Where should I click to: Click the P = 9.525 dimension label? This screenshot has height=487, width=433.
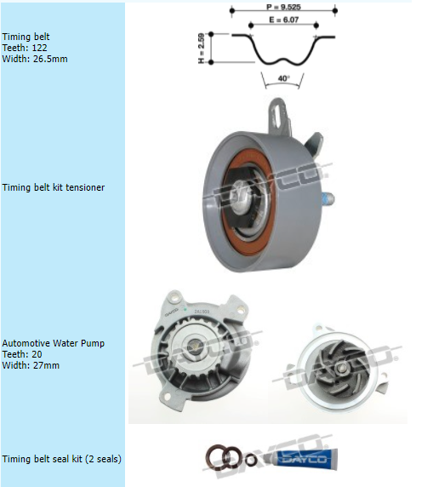click(283, 7)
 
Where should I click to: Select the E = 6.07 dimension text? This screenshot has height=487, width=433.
click(283, 20)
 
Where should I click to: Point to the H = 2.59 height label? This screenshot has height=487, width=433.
click(201, 49)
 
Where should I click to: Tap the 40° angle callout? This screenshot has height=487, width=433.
click(283, 78)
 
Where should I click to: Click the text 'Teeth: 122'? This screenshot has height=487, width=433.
click(25, 48)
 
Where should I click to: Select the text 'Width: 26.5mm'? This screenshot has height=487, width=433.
click(35, 59)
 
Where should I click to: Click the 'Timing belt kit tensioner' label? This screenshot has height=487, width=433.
click(54, 187)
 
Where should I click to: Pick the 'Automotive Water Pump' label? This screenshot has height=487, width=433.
click(54, 343)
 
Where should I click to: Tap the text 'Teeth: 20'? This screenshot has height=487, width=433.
click(22, 354)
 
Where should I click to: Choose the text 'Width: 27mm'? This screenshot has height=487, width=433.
click(31, 365)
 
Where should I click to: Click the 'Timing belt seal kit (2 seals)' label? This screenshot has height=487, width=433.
click(62, 459)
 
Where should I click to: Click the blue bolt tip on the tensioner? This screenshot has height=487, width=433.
click(328, 198)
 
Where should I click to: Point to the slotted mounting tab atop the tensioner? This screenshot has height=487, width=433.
click(278, 116)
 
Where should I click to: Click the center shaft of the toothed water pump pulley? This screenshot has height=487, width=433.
click(195, 345)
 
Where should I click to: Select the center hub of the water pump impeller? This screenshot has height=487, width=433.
click(341, 368)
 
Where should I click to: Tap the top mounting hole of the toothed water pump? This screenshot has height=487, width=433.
click(176, 299)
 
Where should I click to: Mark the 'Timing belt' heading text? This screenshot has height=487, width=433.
click(26, 37)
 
